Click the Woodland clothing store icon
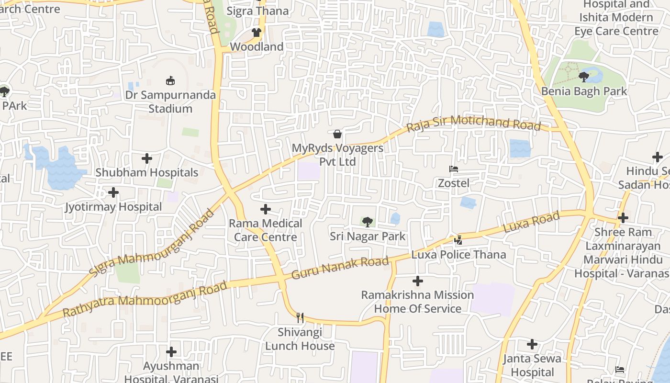click(x=257, y=33)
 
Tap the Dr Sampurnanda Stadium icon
click(x=170, y=80)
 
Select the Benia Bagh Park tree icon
click(x=583, y=77)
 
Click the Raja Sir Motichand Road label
click(x=473, y=123)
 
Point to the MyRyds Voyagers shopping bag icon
click(x=337, y=134)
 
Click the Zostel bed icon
click(x=453, y=169)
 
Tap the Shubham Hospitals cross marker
click(x=147, y=158)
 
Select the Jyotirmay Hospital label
click(x=113, y=207)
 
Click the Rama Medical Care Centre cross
click(x=266, y=209)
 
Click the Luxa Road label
click(x=531, y=223)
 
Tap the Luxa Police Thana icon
click(x=458, y=240)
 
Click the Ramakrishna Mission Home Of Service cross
click(x=417, y=281)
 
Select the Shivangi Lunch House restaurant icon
click(x=300, y=317)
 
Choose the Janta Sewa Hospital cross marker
click(x=532, y=344)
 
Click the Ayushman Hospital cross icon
click(x=171, y=352)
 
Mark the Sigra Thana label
click(x=257, y=11)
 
